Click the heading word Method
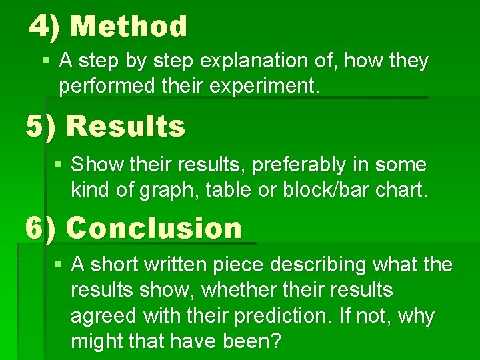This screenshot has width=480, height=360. pyautogui.click(x=129, y=27)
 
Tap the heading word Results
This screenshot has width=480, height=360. pyautogui.click(x=126, y=126)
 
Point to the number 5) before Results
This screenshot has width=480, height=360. pyautogui.click(x=41, y=126)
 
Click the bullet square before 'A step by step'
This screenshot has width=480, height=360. pyautogui.click(x=45, y=61)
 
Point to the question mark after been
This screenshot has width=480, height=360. pyautogui.click(x=277, y=341)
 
